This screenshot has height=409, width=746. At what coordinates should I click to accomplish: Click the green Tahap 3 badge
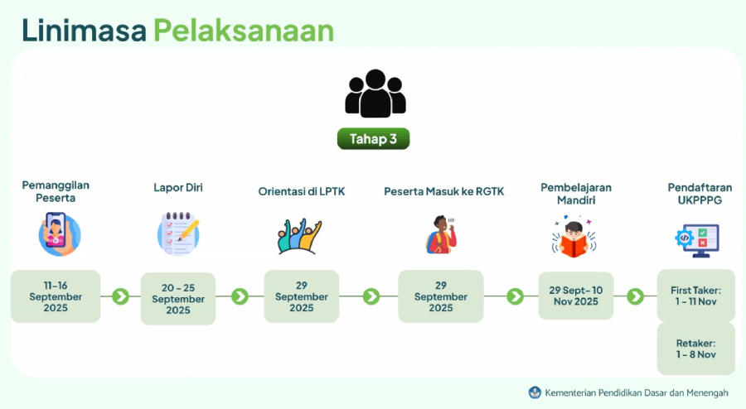click(373, 139)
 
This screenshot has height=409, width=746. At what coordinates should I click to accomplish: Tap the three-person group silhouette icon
click(375, 94)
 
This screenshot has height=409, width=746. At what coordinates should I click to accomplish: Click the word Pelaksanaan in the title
click(244, 31)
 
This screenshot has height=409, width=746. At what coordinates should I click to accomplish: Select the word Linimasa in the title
click(84, 31)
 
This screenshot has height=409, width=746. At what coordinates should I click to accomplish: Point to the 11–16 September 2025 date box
click(56, 296)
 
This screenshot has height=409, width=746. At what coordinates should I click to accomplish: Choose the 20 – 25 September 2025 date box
click(178, 299)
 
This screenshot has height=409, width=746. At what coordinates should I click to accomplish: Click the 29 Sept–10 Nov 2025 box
click(576, 296)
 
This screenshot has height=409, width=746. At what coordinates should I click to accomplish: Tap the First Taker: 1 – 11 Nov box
click(696, 296)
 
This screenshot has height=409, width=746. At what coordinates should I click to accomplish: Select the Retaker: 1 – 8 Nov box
click(696, 349)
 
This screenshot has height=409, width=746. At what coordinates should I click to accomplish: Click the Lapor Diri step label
click(178, 188)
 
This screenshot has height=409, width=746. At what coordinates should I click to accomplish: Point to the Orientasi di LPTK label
click(302, 191)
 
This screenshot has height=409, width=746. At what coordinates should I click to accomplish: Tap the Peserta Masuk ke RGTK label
click(444, 191)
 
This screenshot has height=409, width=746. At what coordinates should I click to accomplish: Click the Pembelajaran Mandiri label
click(576, 194)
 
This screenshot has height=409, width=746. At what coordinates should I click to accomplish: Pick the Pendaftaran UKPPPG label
click(700, 194)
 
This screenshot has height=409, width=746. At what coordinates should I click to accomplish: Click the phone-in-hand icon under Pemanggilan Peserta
click(59, 234)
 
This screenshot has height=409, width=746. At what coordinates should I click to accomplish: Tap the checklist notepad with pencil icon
click(178, 233)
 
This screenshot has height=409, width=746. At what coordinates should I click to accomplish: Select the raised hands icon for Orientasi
click(299, 236)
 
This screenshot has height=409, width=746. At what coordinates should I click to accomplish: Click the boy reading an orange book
click(574, 237)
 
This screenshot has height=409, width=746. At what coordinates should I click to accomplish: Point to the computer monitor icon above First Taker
click(697, 240)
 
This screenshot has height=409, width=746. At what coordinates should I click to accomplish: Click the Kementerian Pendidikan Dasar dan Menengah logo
click(535, 392)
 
